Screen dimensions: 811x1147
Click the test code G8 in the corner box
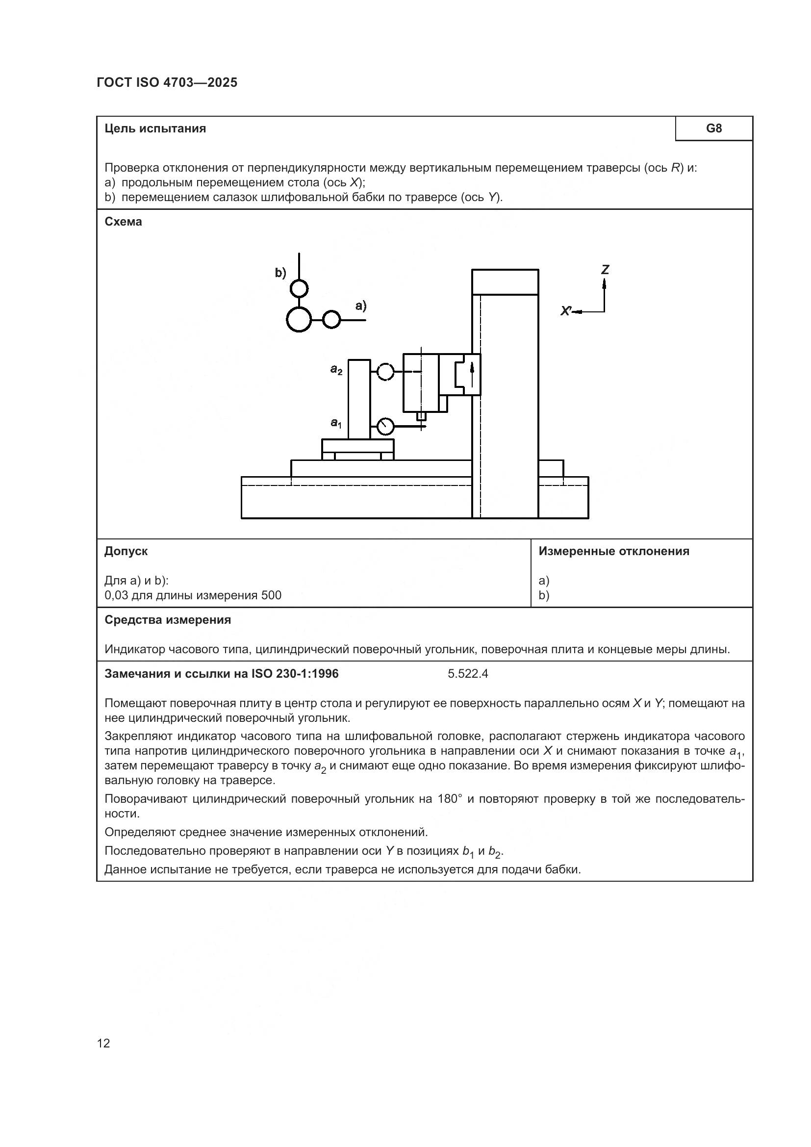pos(713,128)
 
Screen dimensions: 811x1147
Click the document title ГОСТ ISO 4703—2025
pos(167,82)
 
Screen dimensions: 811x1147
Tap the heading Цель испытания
pos(155,128)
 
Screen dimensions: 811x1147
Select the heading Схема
pos(123,221)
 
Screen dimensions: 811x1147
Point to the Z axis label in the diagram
pos(605,270)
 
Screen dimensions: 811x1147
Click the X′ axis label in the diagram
pos(566,311)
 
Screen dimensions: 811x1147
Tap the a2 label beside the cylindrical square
pos(336,370)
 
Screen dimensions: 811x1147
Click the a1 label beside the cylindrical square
pos(336,423)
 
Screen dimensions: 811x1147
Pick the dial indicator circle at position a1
pos(385,426)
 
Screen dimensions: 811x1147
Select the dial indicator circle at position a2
pos(385,372)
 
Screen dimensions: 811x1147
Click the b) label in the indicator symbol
pos(280,273)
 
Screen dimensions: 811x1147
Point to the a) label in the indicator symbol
pos(360,306)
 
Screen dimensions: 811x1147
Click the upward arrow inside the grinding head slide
pos(471,372)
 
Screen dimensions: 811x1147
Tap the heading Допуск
pos(126,551)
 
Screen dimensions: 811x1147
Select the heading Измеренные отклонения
pos(614,551)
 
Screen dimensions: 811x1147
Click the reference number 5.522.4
pos(467,674)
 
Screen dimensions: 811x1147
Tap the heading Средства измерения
pos(167,620)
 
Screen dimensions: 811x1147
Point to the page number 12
pos(103,1043)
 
